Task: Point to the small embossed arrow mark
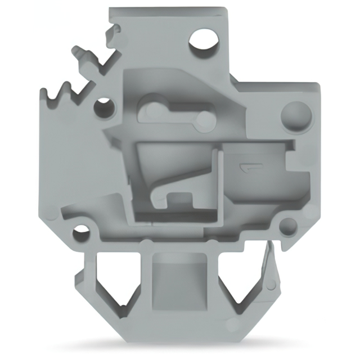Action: tap(247, 167)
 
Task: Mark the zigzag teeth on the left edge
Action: tap(56, 93)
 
